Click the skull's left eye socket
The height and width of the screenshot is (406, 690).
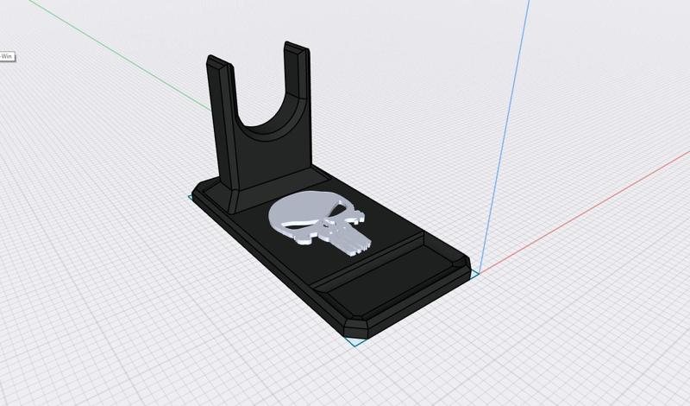[x=298, y=228]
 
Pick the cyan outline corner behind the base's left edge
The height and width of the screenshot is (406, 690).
[x=190, y=198]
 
